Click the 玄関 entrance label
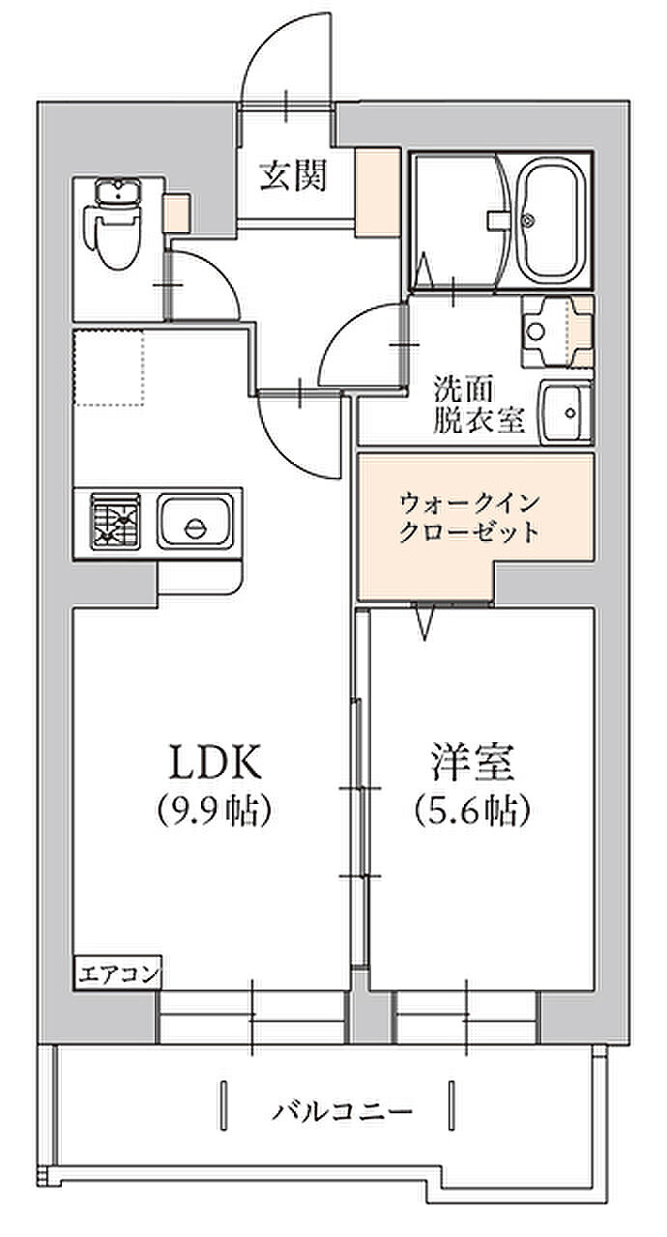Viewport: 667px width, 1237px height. tap(293, 175)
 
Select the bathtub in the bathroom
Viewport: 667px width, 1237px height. tap(553, 220)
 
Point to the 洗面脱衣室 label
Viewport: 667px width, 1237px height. tap(478, 405)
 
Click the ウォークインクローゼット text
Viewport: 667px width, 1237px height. tap(470, 517)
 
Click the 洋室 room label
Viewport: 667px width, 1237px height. tap(473, 762)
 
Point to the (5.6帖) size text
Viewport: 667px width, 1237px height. tap(473, 810)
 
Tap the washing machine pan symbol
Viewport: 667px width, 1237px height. tap(557, 331)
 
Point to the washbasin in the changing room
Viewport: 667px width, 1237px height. tap(566, 412)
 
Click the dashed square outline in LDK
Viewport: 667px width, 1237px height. tap(109, 368)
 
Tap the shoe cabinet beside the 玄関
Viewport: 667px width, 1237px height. tap(378, 192)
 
